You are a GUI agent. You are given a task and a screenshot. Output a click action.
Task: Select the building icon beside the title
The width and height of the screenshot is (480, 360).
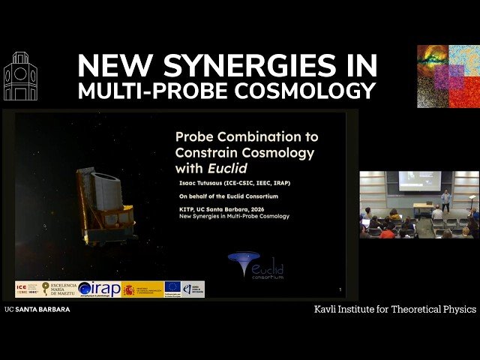point(20,76)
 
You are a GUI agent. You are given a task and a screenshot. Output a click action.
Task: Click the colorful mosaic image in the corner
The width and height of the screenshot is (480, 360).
point(448,76)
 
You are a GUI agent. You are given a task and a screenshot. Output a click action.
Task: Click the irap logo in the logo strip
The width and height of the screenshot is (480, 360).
point(99,289)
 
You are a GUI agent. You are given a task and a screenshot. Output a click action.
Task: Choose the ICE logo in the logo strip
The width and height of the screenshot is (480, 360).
point(28,289)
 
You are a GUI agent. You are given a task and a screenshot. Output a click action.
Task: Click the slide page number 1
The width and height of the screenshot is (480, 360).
point(340,289)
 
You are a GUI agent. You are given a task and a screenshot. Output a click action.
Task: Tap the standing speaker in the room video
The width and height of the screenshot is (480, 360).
point(445,199)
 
